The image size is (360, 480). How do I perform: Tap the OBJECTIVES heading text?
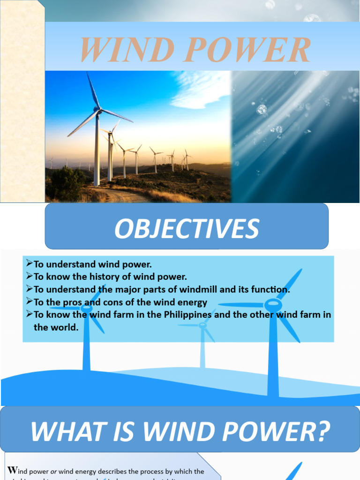click(x=187, y=229)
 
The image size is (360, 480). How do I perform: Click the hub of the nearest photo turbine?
click(x=98, y=111)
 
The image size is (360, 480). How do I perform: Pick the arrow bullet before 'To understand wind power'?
click(x=29, y=264)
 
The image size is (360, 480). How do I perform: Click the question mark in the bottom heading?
click(x=320, y=431)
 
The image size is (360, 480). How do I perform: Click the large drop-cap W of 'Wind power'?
click(x=13, y=471)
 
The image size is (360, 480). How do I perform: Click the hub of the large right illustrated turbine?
click(x=273, y=305)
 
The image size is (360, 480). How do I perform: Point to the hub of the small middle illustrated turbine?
click(x=202, y=324)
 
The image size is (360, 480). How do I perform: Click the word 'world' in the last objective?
click(x=63, y=327)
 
